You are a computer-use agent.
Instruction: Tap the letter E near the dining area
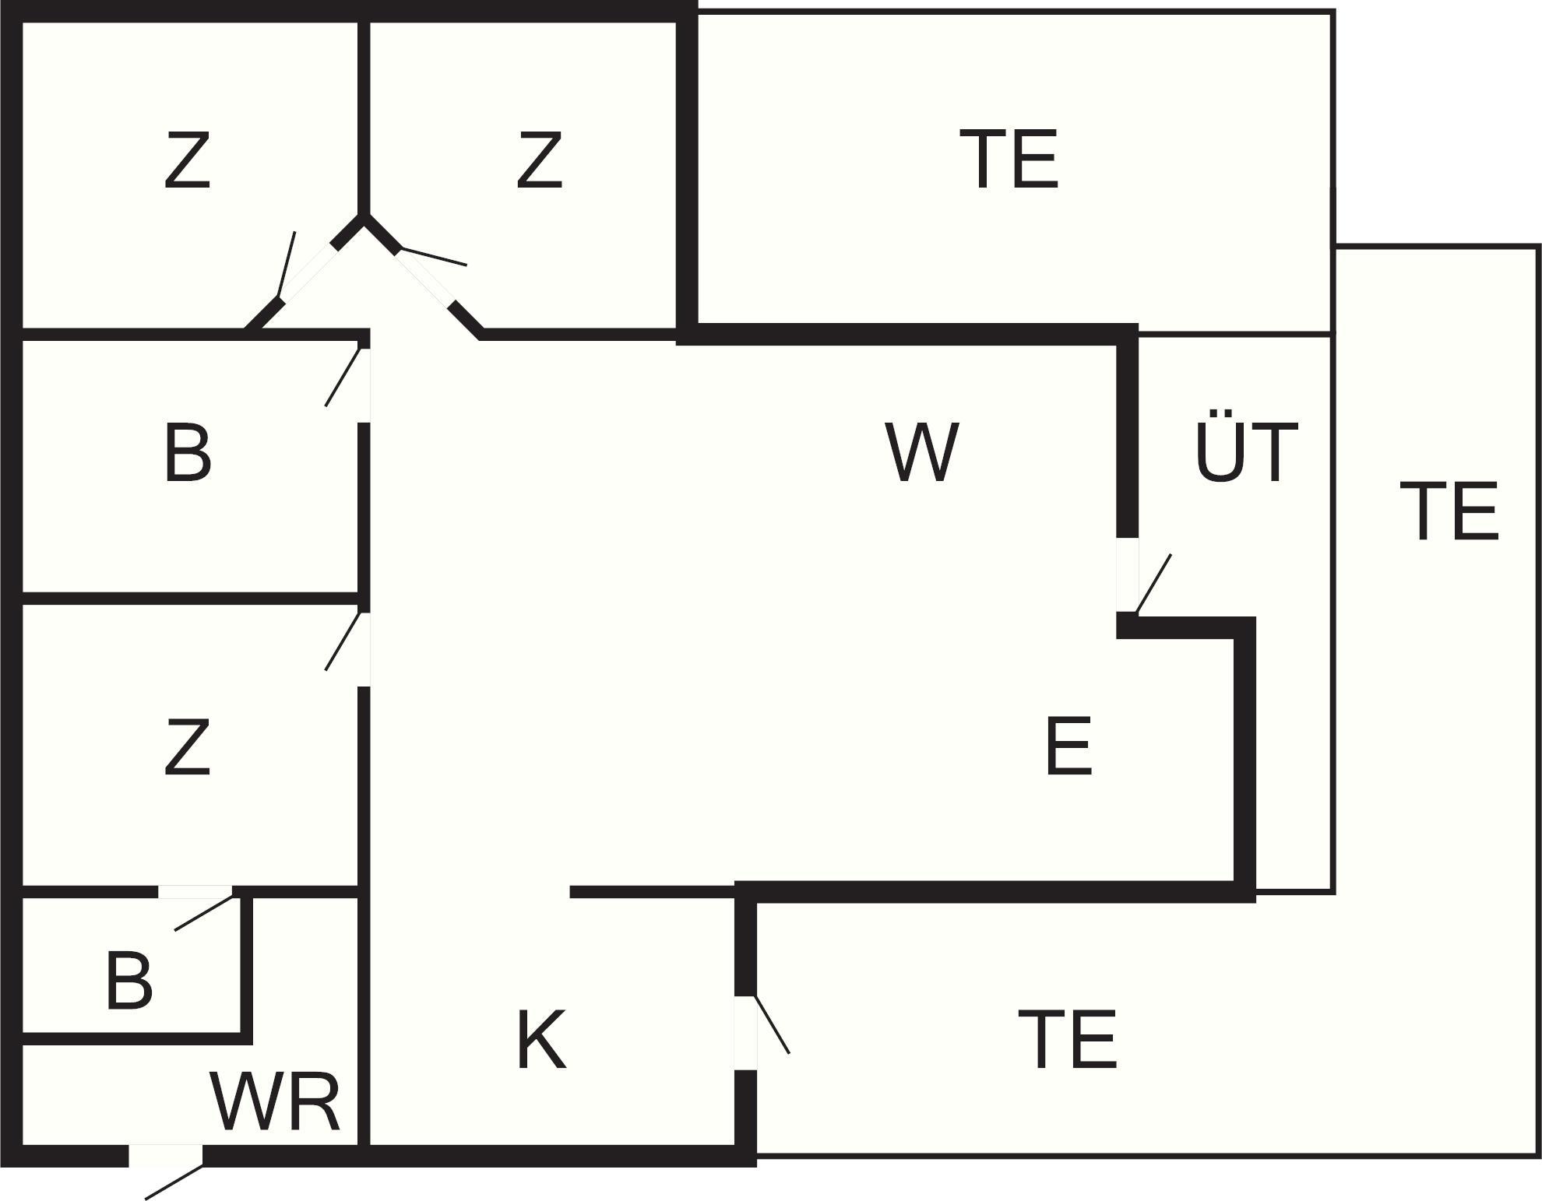1068,746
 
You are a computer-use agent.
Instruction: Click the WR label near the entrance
275,1102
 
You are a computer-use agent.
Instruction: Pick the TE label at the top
1009,160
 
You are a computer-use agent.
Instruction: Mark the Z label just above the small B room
188,746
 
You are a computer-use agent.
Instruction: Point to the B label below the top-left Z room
188,453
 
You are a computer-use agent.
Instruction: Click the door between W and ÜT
1128,575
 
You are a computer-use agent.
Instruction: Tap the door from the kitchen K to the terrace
746,1033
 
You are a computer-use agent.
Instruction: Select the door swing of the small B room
195,893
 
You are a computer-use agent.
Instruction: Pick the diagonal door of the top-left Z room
305,272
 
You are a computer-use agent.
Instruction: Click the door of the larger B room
363,385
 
